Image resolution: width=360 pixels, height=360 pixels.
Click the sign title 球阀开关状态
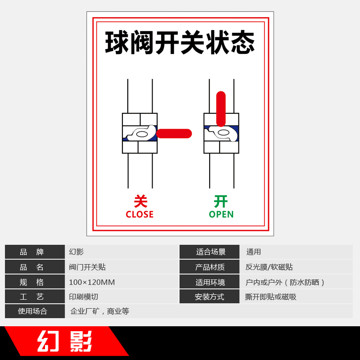(x=180, y=43)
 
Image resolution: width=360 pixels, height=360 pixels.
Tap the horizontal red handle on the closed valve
(x=174, y=134)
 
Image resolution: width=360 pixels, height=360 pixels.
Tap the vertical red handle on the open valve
(x=221, y=109)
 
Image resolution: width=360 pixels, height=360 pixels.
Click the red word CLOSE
(x=139, y=215)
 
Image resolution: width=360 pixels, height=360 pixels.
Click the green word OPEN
(x=221, y=215)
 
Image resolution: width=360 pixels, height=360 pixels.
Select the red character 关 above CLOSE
(x=140, y=201)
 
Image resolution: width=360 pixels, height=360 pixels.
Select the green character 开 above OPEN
(x=220, y=201)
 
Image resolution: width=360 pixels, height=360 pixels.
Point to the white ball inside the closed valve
(x=142, y=134)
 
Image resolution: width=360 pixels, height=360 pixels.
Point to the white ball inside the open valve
(x=223, y=133)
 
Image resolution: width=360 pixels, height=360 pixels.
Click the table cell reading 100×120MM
(x=92, y=282)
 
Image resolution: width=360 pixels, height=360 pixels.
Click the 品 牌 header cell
(x=35, y=252)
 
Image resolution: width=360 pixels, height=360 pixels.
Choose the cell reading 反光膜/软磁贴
(x=269, y=267)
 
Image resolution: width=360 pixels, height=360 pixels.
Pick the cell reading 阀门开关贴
(x=87, y=267)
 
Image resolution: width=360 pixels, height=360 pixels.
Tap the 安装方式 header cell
(x=209, y=297)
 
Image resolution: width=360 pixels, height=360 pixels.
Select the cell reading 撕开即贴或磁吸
(x=270, y=297)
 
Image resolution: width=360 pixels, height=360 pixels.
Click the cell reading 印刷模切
(x=83, y=297)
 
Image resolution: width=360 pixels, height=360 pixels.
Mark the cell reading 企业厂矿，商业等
(x=99, y=311)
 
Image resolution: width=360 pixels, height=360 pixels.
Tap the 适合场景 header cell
(x=209, y=252)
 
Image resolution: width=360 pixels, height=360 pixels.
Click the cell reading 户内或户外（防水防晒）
(x=285, y=282)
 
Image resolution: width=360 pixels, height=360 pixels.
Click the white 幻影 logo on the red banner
(x=65, y=342)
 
